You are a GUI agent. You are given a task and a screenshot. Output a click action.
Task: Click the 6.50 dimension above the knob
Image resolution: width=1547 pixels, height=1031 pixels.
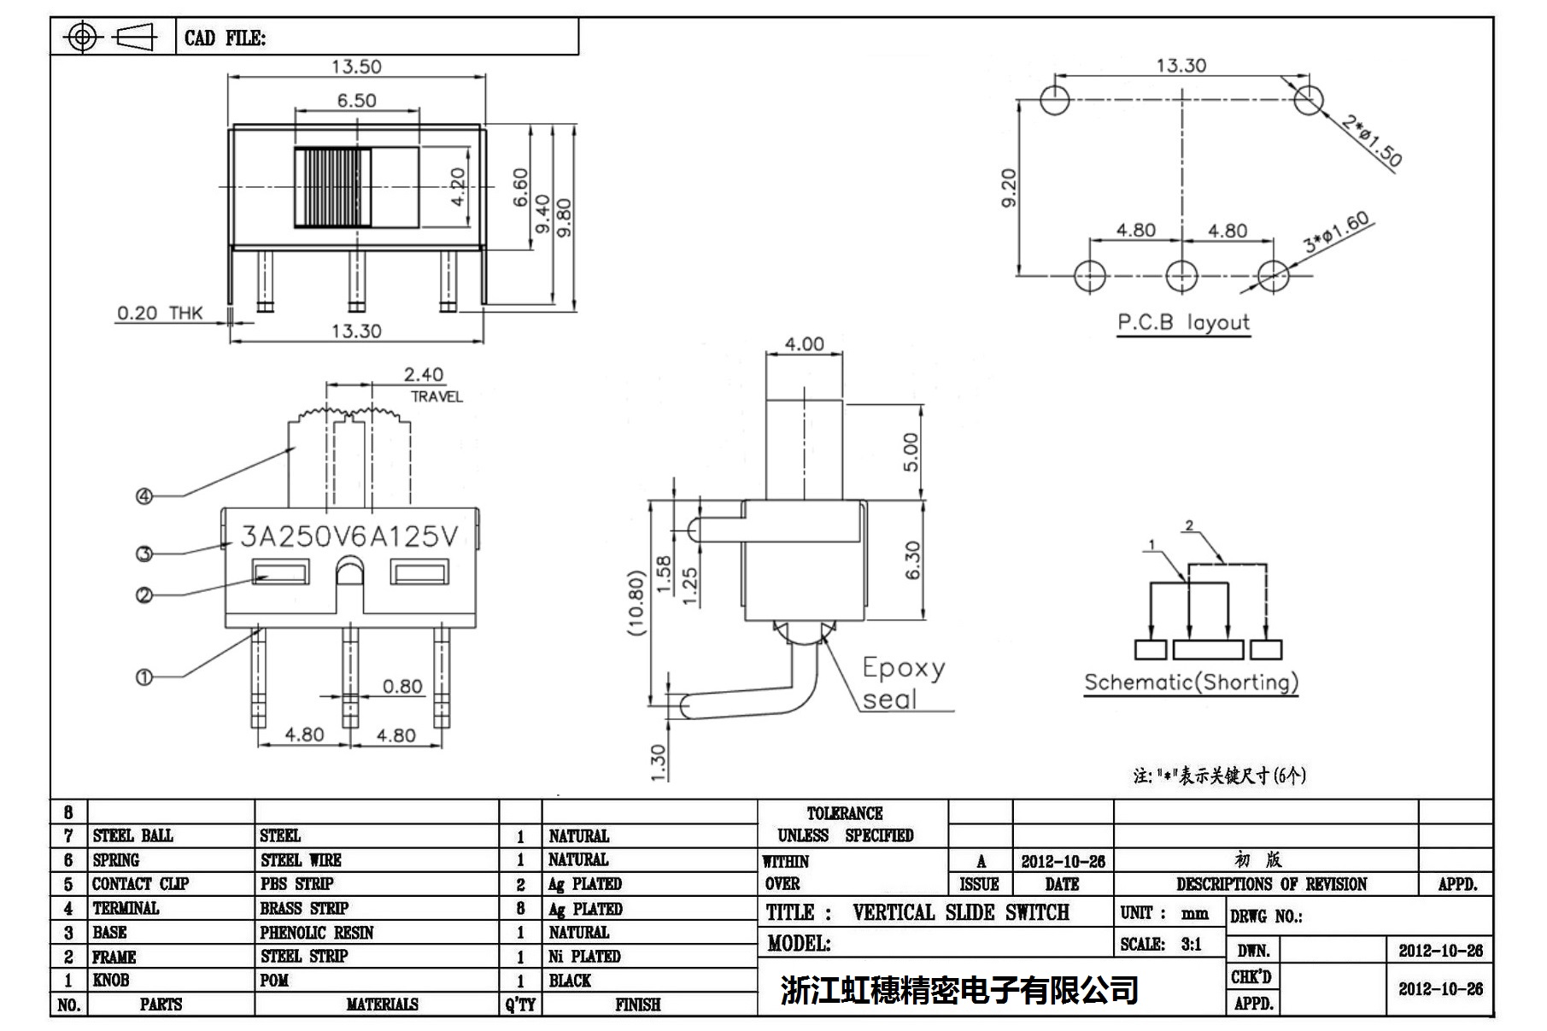point(356,100)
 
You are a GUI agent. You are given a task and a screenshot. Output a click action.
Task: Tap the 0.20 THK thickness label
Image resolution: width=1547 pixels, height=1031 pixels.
point(160,313)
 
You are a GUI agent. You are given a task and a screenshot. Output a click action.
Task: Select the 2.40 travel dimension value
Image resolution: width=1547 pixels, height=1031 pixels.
point(424,374)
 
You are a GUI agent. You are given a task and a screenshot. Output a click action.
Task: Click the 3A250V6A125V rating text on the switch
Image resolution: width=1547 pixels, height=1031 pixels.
point(349,536)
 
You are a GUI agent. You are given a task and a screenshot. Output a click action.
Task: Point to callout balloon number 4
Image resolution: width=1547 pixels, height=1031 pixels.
point(144,496)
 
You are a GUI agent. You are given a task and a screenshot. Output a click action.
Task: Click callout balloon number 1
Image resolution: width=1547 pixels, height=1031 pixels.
point(144,677)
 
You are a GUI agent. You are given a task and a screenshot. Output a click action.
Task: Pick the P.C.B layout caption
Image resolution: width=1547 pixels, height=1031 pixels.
point(1183,323)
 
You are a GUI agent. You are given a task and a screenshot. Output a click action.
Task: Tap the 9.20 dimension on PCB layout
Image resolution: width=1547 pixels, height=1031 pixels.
point(1009,187)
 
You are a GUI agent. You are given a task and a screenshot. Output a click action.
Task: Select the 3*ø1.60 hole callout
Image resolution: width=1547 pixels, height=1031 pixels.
point(1336,231)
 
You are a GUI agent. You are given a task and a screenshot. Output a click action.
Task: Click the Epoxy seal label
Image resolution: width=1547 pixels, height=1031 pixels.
point(901,683)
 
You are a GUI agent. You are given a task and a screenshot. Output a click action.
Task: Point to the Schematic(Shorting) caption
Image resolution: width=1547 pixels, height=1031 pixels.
point(1191,682)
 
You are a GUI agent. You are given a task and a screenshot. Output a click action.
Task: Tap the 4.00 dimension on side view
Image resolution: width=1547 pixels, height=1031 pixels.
point(804,344)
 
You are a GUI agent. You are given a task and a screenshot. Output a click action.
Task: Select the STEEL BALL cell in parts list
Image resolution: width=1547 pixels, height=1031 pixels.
point(132,835)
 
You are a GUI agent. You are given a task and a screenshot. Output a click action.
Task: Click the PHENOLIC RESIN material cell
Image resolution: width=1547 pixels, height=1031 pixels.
point(317,932)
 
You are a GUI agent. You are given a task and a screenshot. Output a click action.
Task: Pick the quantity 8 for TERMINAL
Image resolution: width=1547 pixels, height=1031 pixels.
point(520,908)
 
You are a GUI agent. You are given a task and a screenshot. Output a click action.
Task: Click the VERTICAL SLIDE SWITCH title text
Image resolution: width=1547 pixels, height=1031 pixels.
point(960,912)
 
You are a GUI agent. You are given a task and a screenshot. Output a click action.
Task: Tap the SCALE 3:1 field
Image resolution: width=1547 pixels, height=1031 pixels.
point(1161,944)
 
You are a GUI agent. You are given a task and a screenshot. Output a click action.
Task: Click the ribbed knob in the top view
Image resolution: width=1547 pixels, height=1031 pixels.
point(333,187)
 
